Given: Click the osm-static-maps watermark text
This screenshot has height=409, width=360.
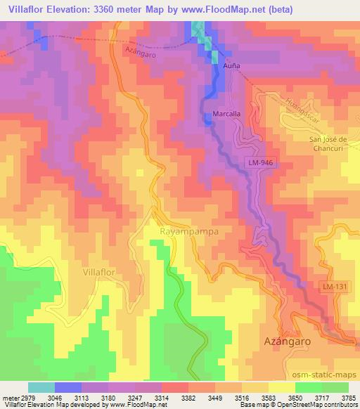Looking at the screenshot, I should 322,372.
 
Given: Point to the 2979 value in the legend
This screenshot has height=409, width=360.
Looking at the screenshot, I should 23,398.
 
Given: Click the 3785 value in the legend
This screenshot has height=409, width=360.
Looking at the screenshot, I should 348,398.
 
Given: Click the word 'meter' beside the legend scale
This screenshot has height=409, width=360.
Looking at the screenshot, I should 8,398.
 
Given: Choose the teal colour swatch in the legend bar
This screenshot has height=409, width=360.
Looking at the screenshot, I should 41,387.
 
